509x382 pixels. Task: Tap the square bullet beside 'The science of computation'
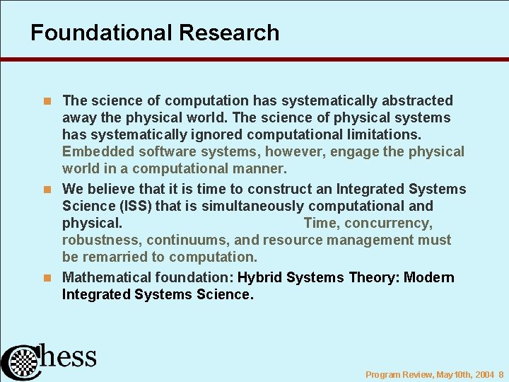tap(49, 101)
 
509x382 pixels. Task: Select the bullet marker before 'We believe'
tap(49, 190)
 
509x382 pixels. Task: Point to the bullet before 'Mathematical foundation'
tap(49, 278)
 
